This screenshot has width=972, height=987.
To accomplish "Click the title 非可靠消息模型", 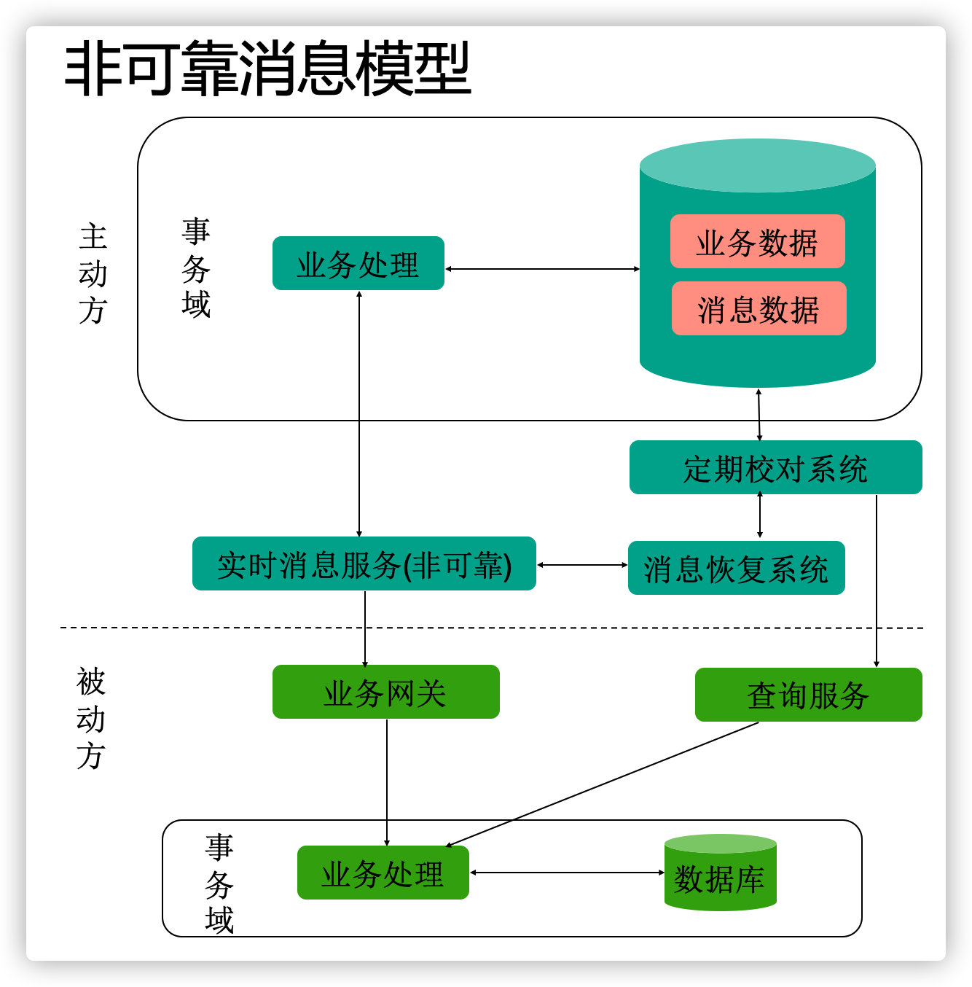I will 267,69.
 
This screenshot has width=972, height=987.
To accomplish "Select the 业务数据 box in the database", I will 757,242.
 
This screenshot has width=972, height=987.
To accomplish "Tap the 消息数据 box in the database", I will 759,309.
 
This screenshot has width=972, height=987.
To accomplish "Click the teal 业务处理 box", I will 358,264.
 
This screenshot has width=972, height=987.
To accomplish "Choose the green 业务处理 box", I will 383,873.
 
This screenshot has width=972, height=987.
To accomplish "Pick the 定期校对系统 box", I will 775,468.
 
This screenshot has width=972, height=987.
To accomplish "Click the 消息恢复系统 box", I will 736,569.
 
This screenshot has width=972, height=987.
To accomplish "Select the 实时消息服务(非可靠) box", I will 364,564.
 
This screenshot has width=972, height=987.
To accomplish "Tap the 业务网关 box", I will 385,693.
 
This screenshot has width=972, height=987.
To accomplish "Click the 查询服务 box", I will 808,695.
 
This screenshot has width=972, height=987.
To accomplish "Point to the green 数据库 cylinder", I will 720,875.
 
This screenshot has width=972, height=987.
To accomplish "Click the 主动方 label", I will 93,274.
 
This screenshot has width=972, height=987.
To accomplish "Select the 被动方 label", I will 91,719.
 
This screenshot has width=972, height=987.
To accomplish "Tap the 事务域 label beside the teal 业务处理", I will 196,268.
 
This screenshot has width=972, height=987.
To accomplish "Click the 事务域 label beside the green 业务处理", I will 219,883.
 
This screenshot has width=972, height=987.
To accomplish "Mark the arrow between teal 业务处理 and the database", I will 542,269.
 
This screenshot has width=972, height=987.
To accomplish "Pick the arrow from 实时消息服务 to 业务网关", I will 365,628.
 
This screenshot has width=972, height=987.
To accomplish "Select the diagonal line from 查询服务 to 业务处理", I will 602,784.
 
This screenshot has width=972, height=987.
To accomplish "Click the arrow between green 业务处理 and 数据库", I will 567,873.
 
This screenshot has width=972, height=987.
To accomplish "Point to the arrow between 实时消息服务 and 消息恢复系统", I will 582,565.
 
